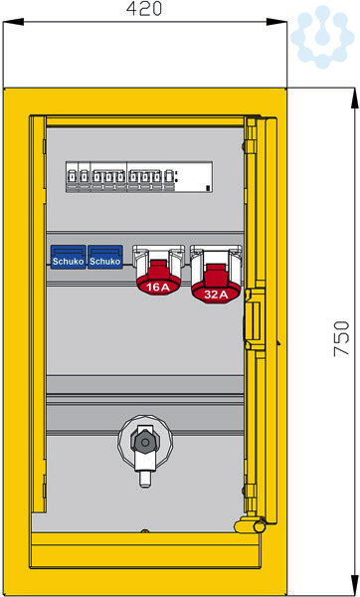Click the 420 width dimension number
tap(144, 8)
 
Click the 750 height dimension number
tap(341, 338)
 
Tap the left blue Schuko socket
tap(68, 257)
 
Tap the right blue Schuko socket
tap(105, 257)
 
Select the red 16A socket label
tap(158, 288)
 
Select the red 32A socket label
tap(216, 294)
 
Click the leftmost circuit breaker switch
tap(72, 177)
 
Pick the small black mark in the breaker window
tap(208, 188)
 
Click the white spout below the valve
tap(145, 479)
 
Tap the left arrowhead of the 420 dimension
tap(13, 22)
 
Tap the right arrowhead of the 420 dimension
tap(276, 22)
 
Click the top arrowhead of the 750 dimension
tap(354, 99)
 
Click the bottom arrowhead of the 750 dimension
tap(354, 586)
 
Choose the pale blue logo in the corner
tap(322, 37)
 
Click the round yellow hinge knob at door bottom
tap(260, 526)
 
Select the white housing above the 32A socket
tap(216, 263)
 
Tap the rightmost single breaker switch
tap(169, 177)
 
